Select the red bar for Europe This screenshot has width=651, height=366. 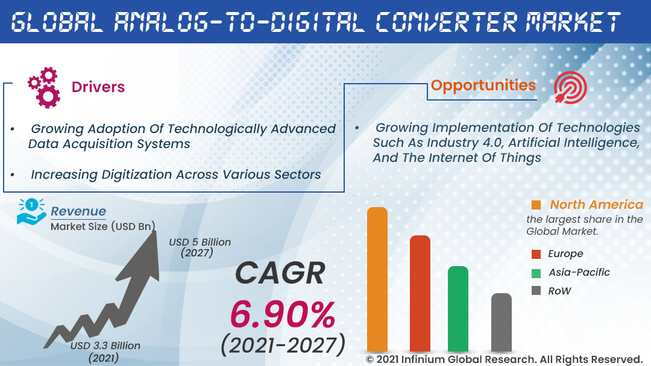click(420, 293)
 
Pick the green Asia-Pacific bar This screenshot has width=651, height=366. click(458, 308)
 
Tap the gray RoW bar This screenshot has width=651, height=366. click(502, 321)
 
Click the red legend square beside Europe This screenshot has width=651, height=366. click(536, 254)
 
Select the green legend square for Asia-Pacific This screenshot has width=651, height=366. click(536, 273)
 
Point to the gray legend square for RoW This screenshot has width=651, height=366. click(536, 291)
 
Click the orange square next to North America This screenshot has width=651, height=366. click(536, 205)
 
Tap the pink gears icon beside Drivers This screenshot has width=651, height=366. click(44, 87)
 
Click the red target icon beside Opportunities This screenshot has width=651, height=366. click(570, 88)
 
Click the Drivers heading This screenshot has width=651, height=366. click(98, 87)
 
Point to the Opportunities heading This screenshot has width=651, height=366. click(483, 85)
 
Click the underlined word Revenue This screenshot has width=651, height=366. click(78, 211)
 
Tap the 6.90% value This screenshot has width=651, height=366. click(283, 314)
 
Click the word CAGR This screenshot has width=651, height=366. click(280, 273)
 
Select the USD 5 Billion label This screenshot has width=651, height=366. click(200, 242)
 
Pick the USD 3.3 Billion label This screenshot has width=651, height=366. click(105, 346)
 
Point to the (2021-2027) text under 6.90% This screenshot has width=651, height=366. click(283, 345)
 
